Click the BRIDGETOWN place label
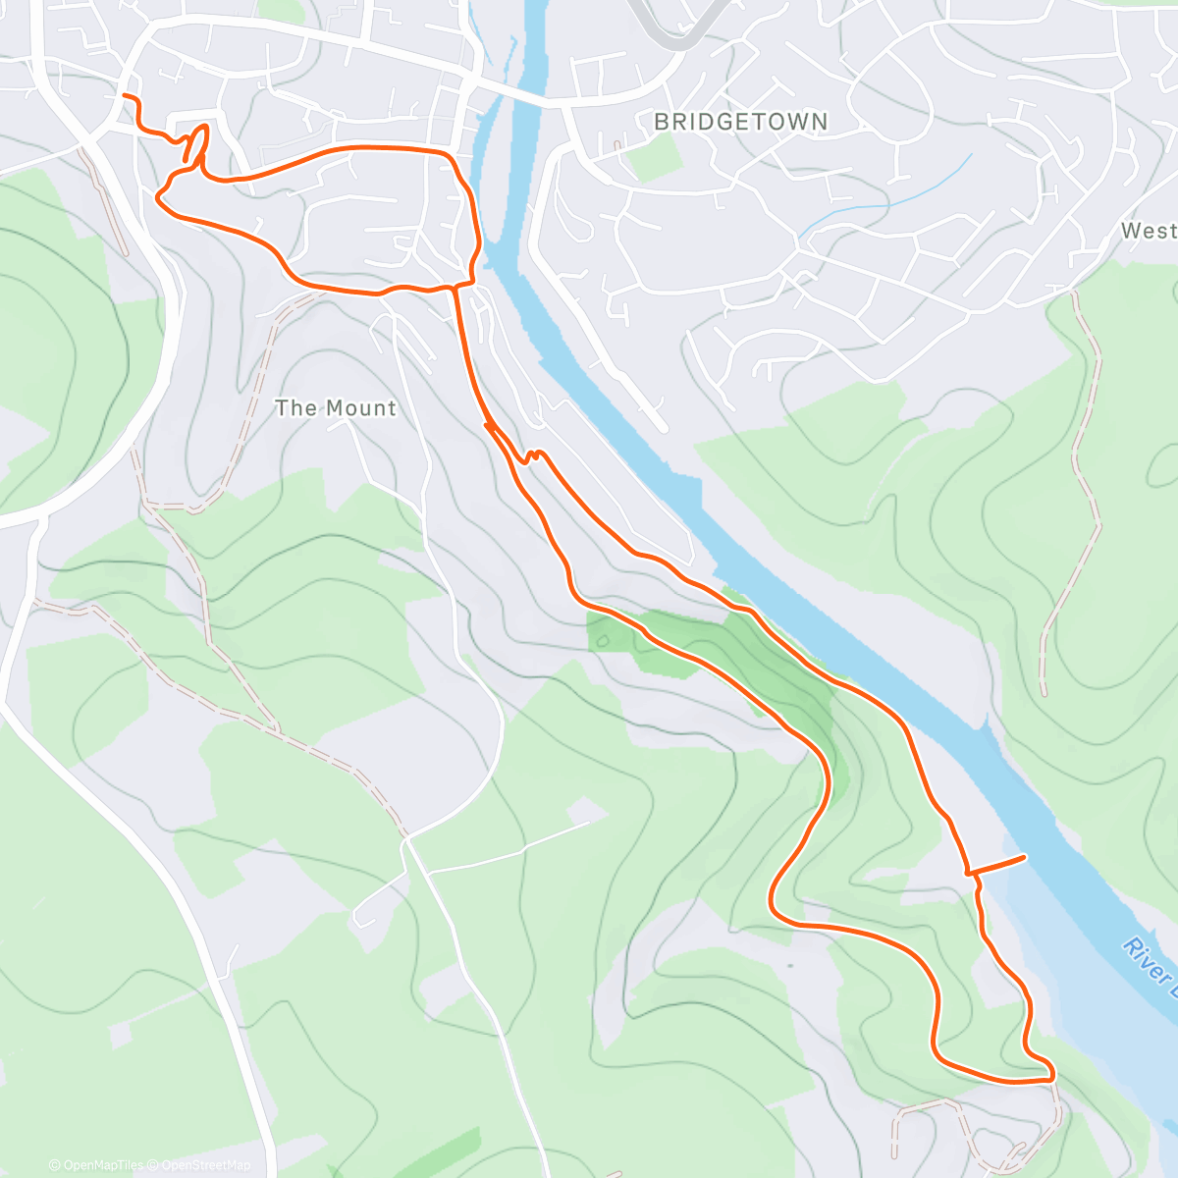pyautogui.click(x=741, y=122)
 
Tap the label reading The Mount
pyautogui.click(x=336, y=408)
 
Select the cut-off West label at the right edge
pyautogui.click(x=1149, y=231)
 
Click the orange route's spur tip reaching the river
pyautogui.click(x=1025, y=858)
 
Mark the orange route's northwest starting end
pyautogui.click(x=123, y=96)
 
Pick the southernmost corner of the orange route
pyautogui.click(x=1048, y=1078)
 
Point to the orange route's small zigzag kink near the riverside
pyautogui.click(x=532, y=455)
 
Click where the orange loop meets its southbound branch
pyautogui.click(x=455, y=288)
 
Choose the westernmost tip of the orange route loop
pyautogui.click(x=158, y=195)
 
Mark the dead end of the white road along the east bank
pyautogui.click(x=663, y=427)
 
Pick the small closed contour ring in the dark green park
pyautogui.click(x=602, y=640)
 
